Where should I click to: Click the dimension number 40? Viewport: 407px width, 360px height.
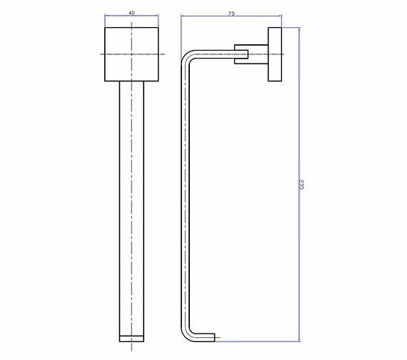tap(131, 12)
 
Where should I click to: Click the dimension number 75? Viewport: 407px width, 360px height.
tap(232, 12)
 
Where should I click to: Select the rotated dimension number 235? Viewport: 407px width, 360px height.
tap(303, 184)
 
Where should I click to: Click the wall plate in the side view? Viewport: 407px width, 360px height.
tap(275, 54)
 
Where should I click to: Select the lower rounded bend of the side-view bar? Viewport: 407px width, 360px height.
tap(189, 331)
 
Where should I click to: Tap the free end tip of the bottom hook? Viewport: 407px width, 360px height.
tap(215, 336)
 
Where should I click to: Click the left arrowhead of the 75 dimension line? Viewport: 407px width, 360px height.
tap(182, 17)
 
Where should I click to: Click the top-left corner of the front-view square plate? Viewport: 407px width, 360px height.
tap(105, 28)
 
